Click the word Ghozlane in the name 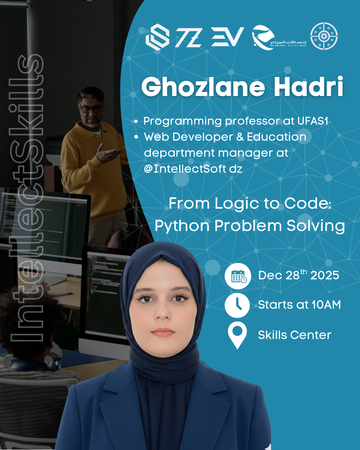tap(203, 87)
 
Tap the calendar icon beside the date tap(238, 276)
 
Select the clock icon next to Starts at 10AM tap(237, 305)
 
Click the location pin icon tap(237, 335)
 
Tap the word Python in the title tap(182, 226)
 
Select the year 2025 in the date tap(325, 276)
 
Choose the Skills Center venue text tap(295, 335)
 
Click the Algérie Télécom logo tap(278, 38)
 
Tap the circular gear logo tap(324, 36)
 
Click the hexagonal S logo tap(157, 37)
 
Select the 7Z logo tap(189, 37)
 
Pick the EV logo tap(227, 37)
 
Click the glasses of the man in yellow tap(91, 109)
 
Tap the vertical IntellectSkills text tap(27, 197)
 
